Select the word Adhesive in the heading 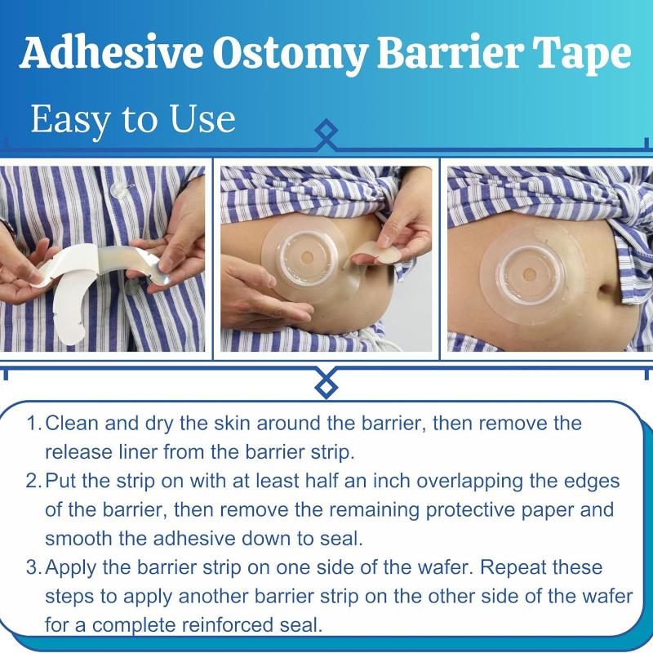(111, 52)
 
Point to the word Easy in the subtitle (69, 120)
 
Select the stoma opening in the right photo (530, 274)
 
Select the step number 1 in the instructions (32, 424)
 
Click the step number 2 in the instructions (33, 481)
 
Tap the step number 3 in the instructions (33, 567)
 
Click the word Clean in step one (72, 424)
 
